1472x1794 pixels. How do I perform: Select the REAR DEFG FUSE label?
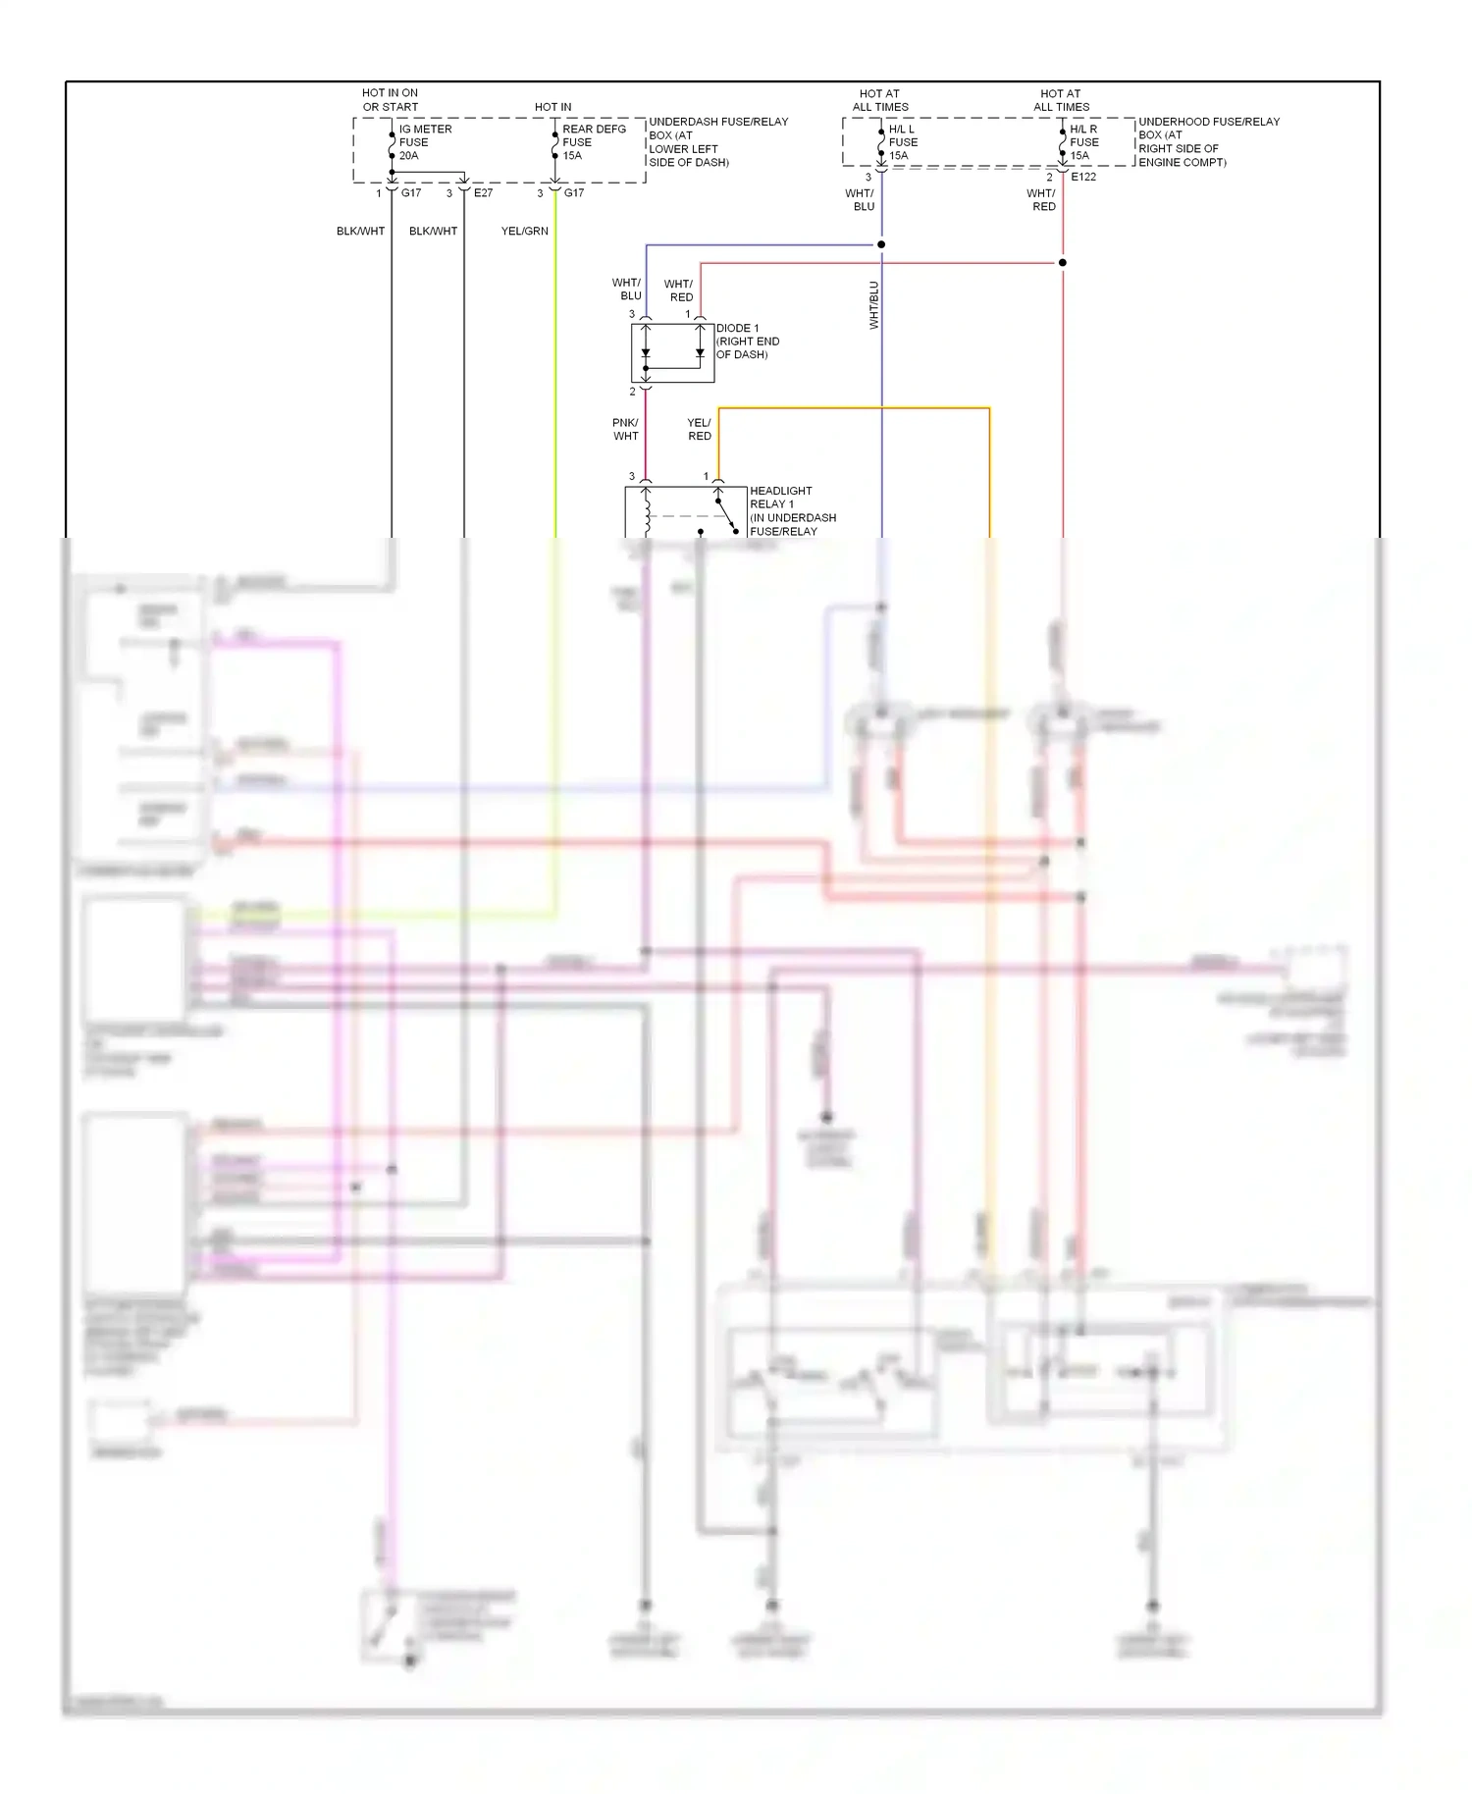pyautogui.click(x=593, y=135)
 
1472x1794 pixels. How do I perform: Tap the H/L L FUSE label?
pyautogui.click(x=902, y=135)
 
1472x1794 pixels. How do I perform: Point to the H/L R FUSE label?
pyautogui.click(x=1083, y=135)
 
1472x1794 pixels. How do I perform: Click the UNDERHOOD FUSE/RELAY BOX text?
pyautogui.click(x=1208, y=141)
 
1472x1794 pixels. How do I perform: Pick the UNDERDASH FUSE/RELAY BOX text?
pyautogui.click(x=717, y=141)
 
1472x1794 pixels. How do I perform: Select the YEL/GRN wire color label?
pyautogui.click(x=524, y=231)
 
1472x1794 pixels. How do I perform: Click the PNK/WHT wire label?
pyautogui.click(x=625, y=429)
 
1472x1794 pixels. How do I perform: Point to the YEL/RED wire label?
pyautogui.click(x=699, y=429)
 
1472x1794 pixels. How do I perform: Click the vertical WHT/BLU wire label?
pyautogui.click(x=873, y=305)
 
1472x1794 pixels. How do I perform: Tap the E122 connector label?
pyautogui.click(x=1083, y=177)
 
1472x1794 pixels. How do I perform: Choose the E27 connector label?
pyautogui.click(x=483, y=193)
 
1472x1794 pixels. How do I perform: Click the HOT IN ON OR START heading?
pyautogui.click(x=390, y=100)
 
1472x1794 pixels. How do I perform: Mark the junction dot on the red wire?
pyautogui.click(x=1062, y=263)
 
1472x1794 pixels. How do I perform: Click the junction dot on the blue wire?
pyautogui.click(x=881, y=244)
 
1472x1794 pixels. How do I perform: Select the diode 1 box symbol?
pyautogui.click(x=672, y=352)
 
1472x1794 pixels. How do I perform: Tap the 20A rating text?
pyautogui.click(x=408, y=156)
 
